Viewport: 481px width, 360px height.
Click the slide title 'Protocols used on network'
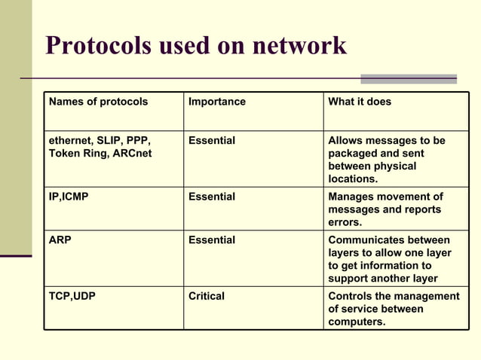pyautogui.click(x=196, y=46)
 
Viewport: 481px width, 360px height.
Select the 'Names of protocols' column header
pyautogui.click(x=98, y=102)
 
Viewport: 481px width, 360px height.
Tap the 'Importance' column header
pyautogui.click(x=217, y=102)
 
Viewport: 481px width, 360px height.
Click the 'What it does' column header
pyautogui.click(x=360, y=102)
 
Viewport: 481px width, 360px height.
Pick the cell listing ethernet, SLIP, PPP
pyautogui.click(x=100, y=148)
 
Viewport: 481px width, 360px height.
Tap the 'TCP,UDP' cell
pyautogui.click(x=72, y=297)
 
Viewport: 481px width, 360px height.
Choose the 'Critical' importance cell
pyautogui.click(x=207, y=297)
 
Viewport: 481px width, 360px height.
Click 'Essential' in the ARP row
pyautogui.click(x=212, y=240)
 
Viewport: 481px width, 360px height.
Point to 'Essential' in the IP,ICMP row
pyautogui.click(x=212, y=197)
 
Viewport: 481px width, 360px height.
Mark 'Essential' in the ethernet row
pyautogui.click(x=212, y=141)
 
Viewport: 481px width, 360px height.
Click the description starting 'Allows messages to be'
pyautogui.click(x=386, y=160)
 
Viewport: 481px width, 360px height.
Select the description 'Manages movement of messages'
pyautogui.click(x=385, y=209)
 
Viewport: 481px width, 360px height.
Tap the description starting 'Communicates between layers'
pyautogui.click(x=389, y=259)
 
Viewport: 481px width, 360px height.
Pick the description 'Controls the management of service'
pyautogui.click(x=393, y=309)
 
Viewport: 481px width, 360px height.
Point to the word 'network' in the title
pyautogui.click(x=299, y=46)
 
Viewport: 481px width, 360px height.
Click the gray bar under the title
pyautogui.click(x=408, y=78)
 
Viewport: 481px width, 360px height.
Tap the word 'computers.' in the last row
pyautogui.click(x=357, y=322)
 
